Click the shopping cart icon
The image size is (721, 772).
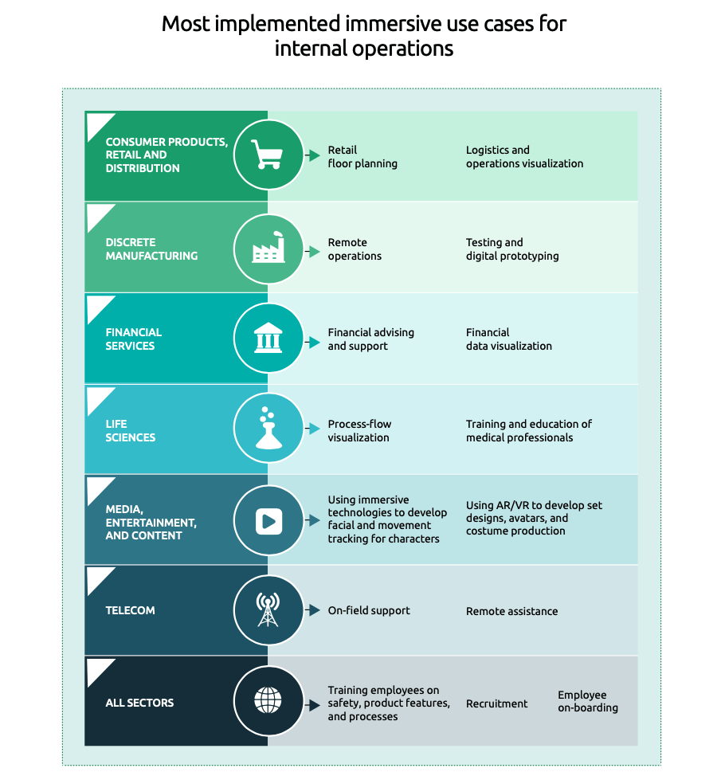click(267, 154)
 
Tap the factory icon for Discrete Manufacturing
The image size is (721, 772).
click(268, 247)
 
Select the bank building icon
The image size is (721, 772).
click(268, 338)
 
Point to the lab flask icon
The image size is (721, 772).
click(268, 428)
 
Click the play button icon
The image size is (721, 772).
click(269, 521)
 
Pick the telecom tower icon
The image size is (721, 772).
click(268, 609)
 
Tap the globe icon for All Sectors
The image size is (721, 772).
click(268, 700)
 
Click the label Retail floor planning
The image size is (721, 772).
click(362, 157)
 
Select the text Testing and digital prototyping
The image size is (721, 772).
click(512, 249)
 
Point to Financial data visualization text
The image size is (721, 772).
click(509, 339)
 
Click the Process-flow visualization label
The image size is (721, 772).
click(359, 431)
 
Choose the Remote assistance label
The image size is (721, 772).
click(511, 611)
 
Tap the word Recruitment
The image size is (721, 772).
click(496, 703)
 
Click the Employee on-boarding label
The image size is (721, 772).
click(587, 701)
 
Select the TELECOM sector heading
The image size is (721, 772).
click(130, 610)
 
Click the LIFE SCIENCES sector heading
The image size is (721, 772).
click(130, 431)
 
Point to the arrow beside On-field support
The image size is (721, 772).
click(312, 610)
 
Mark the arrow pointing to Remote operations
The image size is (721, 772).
click(312, 251)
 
